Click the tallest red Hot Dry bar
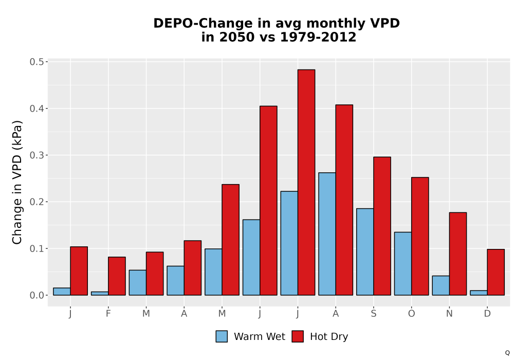point(306,182)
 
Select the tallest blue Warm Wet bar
point(327,234)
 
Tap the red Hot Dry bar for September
point(382,226)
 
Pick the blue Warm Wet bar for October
point(403,264)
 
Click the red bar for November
point(458,254)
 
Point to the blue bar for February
point(100,294)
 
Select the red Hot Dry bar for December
point(495,272)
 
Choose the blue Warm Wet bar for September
point(365,252)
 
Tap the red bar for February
point(117,276)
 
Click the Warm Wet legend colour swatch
point(222,336)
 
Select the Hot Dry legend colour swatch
point(298,336)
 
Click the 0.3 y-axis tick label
point(36,155)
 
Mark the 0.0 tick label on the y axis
point(36,295)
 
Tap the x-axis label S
point(374,314)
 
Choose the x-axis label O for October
point(411,314)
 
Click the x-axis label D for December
point(487,314)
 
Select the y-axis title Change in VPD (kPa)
point(17,182)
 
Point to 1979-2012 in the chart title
point(318,37)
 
